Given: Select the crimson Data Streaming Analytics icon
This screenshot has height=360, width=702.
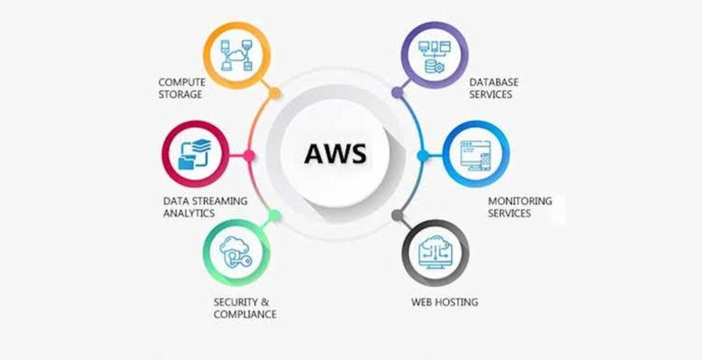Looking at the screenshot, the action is (x=195, y=155).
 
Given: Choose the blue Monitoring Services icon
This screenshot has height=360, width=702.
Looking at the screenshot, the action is (x=476, y=155).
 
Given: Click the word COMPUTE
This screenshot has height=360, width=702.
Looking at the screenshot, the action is (x=181, y=83).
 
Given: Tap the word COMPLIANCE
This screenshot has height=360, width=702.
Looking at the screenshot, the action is (x=245, y=315).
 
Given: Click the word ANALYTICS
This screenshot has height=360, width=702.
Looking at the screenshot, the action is (x=188, y=213).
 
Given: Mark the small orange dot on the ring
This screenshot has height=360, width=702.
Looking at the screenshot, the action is (x=275, y=94).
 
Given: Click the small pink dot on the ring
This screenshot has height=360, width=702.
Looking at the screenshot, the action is (x=248, y=155).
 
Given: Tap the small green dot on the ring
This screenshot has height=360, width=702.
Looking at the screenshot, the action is (x=274, y=215).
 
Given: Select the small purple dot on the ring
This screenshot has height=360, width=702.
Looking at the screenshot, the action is (x=397, y=94).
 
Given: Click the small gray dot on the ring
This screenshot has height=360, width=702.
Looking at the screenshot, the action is (x=397, y=216).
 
